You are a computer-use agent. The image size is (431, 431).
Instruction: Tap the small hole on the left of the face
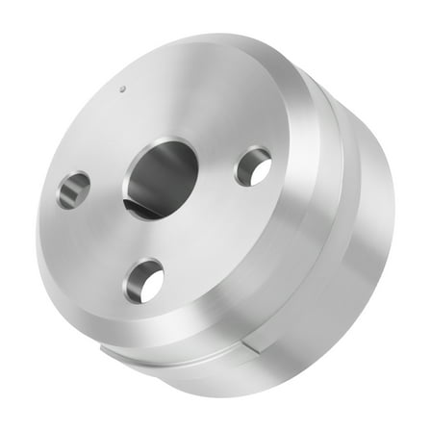coord(73,189)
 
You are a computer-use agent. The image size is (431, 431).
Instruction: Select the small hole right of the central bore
coord(252,166)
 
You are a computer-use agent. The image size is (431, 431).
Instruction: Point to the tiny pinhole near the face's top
coord(122,92)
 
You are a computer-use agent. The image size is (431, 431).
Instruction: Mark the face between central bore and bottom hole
coord(154,236)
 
